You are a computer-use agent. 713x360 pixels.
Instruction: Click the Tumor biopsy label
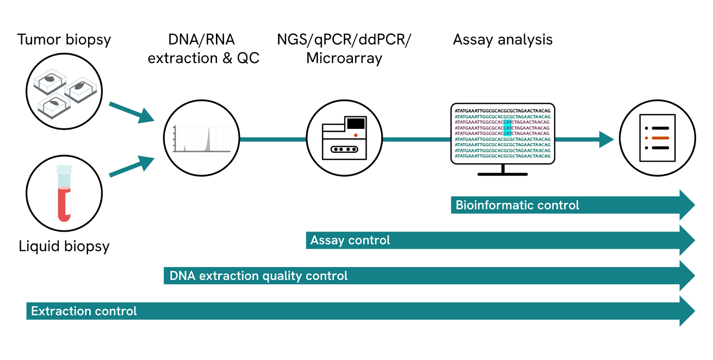(64, 40)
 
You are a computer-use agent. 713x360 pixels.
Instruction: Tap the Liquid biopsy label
(64, 246)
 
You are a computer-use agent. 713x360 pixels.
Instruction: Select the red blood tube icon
(64, 194)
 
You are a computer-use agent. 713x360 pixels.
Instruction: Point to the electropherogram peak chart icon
(202, 139)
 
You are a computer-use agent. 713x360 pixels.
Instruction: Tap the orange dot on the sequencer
(355, 134)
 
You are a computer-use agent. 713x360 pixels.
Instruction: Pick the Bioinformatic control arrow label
(517, 206)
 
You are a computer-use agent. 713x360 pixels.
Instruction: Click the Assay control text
(350, 240)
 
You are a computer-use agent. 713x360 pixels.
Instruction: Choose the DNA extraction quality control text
(258, 276)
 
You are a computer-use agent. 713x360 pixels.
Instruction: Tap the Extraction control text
(84, 311)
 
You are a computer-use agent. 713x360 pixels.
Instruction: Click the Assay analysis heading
(503, 40)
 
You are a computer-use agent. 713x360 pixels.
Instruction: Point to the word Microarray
(344, 58)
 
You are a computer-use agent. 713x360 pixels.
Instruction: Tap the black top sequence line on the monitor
(503, 110)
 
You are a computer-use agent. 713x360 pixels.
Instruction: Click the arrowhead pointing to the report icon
(606, 139)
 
